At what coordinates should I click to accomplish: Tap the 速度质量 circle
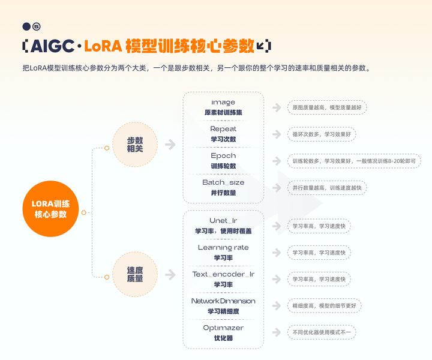[135, 274]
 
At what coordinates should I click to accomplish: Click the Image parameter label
[223, 103]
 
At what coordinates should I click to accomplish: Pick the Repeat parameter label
[223, 129]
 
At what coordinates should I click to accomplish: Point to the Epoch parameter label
[223, 156]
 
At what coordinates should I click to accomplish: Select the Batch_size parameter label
[223, 182]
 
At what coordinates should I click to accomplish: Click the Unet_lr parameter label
[223, 221]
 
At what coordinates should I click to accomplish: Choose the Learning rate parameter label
[223, 247]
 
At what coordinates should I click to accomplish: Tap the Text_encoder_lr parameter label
[223, 274]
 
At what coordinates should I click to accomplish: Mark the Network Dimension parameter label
[223, 301]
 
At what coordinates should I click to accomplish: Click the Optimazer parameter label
[223, 328]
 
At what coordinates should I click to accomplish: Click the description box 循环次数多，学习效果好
[322, 134]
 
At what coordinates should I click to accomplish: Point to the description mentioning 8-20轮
[354, 161]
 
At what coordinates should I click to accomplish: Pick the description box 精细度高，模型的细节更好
[325, 305]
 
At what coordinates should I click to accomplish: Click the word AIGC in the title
[52, 46]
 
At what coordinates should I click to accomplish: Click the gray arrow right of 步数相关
[170, 145]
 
